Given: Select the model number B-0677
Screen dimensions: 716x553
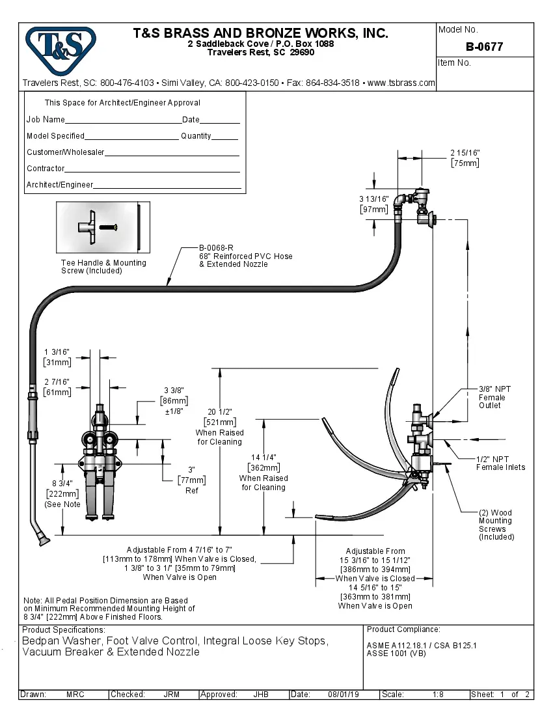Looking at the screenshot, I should [x=484, y=47].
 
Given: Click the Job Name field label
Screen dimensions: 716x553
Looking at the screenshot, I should [x=46, y=120].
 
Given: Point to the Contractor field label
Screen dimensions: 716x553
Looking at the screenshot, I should [x=46, y=169].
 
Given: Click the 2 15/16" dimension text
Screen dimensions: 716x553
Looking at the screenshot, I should [x=465, y=153].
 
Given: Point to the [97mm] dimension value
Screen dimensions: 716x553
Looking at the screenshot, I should [x=374, y=210].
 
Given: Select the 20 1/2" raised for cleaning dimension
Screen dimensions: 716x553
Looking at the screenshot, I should [x=220, y=411].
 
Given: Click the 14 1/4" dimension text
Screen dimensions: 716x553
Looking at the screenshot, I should [x=263, y=458].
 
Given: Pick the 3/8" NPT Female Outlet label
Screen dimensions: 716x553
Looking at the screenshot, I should [x=494, y=397].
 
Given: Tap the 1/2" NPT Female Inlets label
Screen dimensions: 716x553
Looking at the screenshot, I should [x=500, y=463].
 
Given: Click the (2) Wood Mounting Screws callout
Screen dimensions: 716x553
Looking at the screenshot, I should [x=496, y=525].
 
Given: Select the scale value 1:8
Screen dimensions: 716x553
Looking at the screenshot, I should [x=438, y=695].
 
